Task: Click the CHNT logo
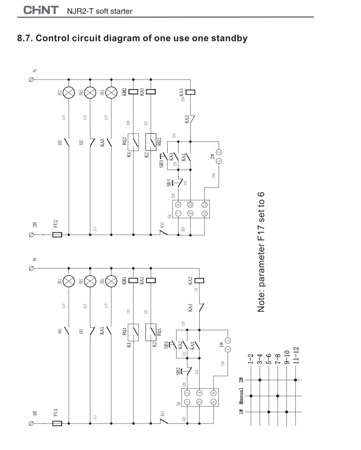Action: click(41, 10)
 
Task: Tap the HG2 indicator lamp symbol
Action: click(69, 92)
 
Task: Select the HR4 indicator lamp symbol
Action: click(111, 92)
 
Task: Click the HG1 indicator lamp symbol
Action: click(69, 281)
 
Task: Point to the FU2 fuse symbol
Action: click(57, 235)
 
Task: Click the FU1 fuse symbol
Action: click(57, 423)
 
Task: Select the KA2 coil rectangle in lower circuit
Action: click(199, 281)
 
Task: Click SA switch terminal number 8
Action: click(178, 204)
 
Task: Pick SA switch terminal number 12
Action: click(204, 204)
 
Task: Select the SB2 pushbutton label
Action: click(178, 371)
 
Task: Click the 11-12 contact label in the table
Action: click(296, 355)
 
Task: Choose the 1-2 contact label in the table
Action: click(251, 359)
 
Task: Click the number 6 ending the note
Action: click(261, 195)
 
